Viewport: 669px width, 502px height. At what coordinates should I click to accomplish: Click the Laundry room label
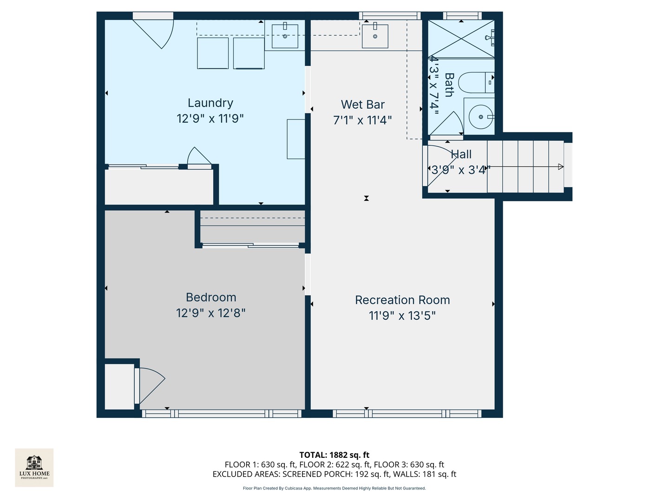(210, 103)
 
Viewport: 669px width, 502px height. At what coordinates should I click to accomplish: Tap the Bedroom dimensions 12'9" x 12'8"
(210, 313)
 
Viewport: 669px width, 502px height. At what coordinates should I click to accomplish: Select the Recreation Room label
(402, 300)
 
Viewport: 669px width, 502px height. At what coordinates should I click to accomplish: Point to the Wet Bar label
(362, 105)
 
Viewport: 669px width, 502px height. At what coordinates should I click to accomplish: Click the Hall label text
(461, 154)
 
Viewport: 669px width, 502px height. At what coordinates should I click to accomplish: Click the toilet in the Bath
(475, 83)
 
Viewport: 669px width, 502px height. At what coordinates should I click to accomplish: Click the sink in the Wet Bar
(374, 36)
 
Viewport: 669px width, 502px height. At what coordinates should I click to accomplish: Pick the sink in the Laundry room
(285, 36)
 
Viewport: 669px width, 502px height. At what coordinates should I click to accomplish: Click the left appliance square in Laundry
(213, 53)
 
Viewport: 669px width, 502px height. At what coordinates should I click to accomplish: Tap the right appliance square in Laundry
(249, 53)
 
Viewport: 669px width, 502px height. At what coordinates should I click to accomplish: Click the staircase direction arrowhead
(561, 167)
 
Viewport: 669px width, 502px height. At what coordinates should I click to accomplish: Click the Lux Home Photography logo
(34, 467)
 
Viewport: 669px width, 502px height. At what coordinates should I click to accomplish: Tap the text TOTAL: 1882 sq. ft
(334, 455)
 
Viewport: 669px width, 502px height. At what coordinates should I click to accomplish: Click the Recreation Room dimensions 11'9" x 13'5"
(402, 316)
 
